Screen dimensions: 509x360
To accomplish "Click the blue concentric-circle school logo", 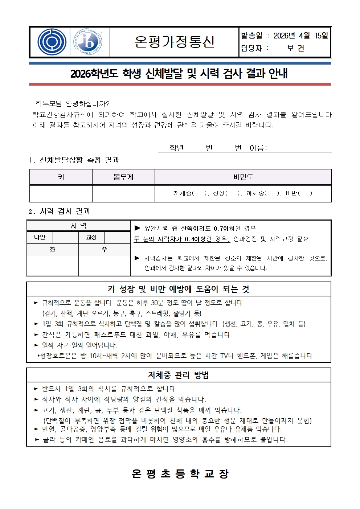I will [52, 42].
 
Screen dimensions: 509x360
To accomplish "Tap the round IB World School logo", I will [88, 42].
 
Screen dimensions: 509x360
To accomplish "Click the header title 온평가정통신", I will [175, 42].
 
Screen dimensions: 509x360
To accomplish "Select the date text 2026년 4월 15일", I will [300, 36].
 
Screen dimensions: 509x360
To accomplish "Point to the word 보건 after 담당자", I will [295, 48].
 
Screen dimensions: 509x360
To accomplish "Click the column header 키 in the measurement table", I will [61, 177].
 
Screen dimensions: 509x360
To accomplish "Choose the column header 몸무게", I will [123, 177].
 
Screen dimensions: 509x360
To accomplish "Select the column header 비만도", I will [243, 177].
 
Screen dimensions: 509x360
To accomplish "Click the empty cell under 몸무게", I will [123, 193].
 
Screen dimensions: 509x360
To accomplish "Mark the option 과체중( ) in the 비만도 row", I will [263, 193].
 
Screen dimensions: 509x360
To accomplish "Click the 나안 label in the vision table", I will [40, 237].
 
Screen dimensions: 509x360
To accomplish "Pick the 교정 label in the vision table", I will [91, 237].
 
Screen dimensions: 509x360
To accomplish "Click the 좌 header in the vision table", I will [53, 250].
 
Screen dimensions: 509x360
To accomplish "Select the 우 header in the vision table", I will [105, 250].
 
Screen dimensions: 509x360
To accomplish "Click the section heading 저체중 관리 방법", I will [179, 375].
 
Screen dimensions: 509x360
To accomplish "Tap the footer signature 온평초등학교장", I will [180, 473].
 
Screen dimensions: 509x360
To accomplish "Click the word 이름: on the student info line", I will [258, 148].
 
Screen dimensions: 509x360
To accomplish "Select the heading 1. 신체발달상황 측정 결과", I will [74, 160].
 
